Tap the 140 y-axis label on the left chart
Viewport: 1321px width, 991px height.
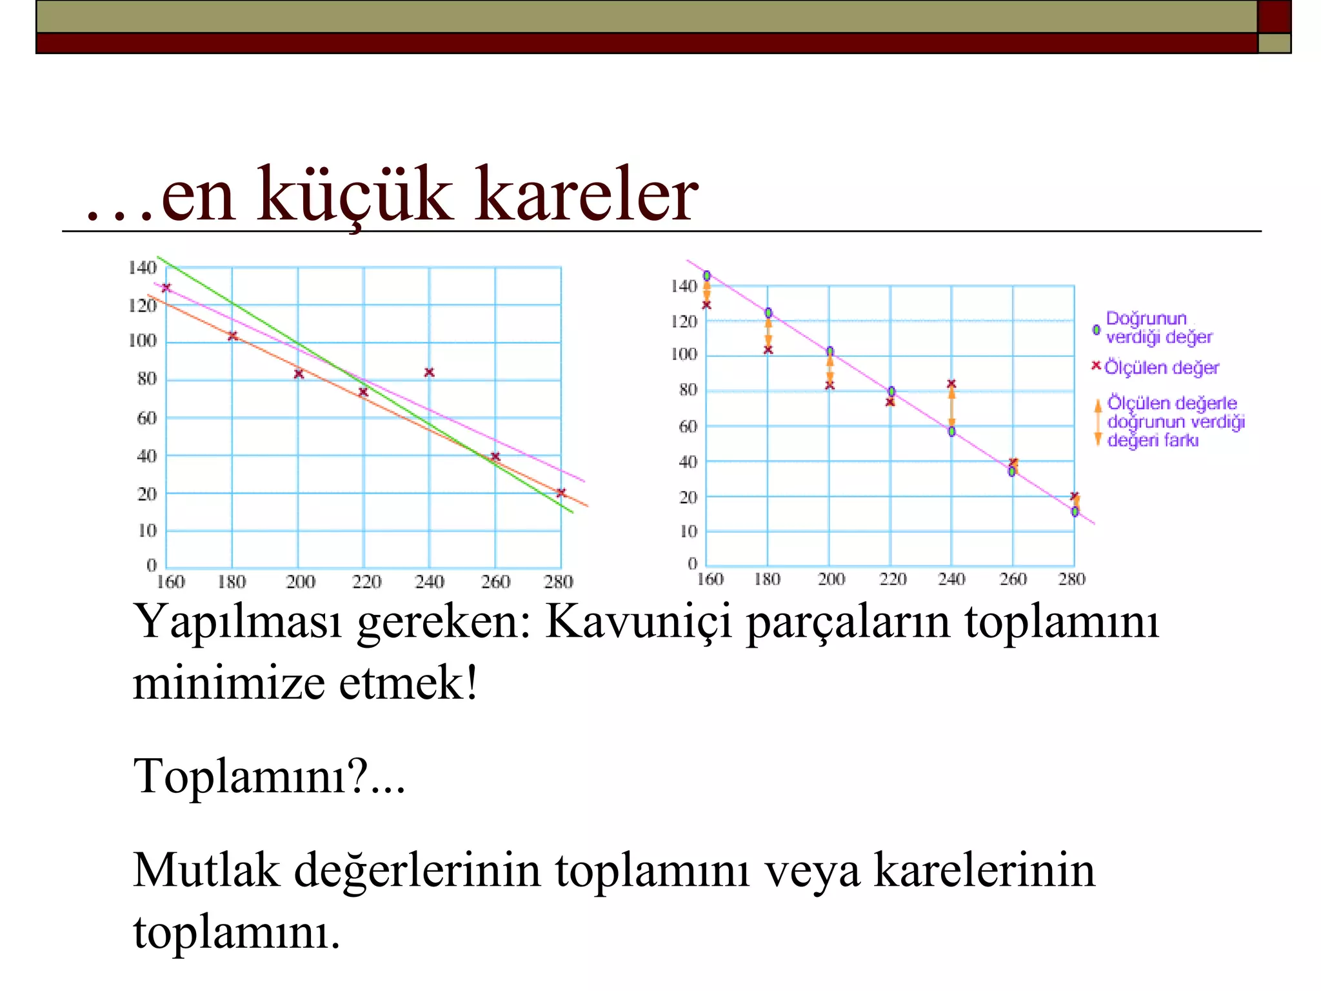tap(142, 268)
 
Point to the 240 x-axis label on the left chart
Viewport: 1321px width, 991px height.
tap(429, 582)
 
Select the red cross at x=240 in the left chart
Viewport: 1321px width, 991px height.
tap(430, 372)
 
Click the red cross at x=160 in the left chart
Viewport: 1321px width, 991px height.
tap(166, 288)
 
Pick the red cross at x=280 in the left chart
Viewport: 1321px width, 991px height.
tap(561, 493)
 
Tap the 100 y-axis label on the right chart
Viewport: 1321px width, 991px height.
tap(684, 354)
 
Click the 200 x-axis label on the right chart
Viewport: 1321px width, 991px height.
tap(831, 579)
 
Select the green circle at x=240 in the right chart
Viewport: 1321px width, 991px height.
tap(951, 431)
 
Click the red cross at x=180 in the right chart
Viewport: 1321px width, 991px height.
tap(768, 350)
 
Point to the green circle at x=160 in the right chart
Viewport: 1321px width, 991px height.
tap(707, 276)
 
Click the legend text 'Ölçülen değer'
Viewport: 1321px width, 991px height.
tap(1161, 368)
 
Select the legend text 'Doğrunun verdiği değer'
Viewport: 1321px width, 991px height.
tap(1158, 328)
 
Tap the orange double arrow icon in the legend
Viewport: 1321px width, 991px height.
tap(1097, 423)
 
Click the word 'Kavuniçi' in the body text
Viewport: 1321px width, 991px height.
tap(638, 622)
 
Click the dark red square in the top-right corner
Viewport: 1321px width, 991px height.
tap(1274, 16)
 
